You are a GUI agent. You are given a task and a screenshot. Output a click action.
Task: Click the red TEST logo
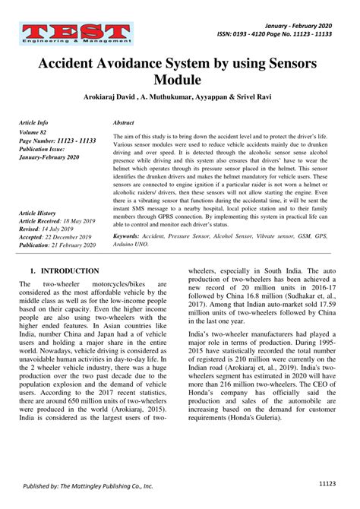point(74,33)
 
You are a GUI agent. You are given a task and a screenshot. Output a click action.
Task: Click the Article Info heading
point(33,122)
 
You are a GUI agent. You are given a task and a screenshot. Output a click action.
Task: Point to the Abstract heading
point(123,122)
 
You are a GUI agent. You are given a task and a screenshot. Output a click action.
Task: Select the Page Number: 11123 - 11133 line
point(56,141)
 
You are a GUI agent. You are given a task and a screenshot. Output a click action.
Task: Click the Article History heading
point(37,213)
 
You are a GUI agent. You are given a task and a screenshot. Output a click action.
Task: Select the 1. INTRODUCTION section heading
point(65,270)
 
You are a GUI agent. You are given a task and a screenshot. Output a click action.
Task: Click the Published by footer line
point(87,485)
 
